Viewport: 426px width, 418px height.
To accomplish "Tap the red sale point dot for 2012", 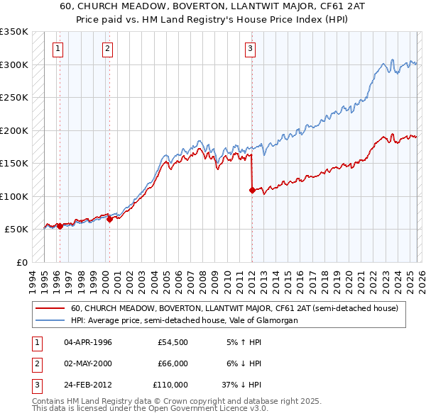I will click(252, 190).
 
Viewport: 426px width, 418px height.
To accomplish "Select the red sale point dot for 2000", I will click(109, 219).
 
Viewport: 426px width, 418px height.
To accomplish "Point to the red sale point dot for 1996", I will click(60, 226).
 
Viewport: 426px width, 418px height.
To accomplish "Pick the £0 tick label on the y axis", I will click(22, 262).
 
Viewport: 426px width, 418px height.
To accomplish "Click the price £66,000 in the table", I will click(173, 363).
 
